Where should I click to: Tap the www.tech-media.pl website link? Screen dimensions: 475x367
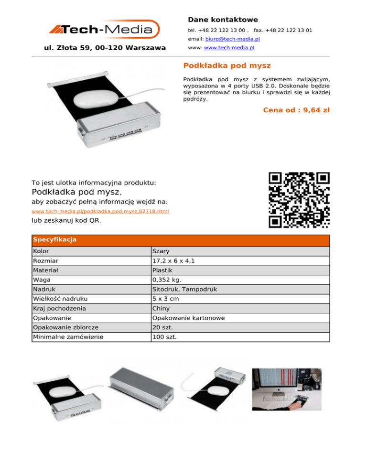click(x=229, y=48)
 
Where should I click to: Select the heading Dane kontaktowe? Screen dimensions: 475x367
click(x=223, y=20)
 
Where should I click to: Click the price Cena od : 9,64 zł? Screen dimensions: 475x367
click(x=296, y=110)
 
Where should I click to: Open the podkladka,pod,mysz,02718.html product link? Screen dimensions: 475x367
click(x=100, y=211)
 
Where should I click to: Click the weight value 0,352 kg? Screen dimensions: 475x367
click(x=166, y=280)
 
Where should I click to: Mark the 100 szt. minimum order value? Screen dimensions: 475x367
click(x=164, y=337)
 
